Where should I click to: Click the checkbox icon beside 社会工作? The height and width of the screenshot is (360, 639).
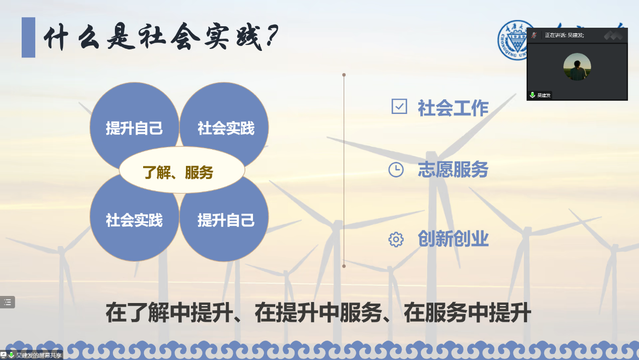(399, 106)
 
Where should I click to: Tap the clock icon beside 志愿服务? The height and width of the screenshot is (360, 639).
(396, 169)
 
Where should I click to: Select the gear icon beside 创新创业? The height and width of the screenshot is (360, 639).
(396, 239)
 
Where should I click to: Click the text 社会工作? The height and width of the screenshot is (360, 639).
(453, 108)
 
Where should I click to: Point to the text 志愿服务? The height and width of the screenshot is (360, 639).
(453, 169)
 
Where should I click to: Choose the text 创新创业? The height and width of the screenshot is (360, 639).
(453, 238)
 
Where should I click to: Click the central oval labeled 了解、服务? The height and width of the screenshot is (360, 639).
(182, 170)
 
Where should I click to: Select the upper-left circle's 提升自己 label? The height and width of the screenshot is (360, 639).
(134, 128)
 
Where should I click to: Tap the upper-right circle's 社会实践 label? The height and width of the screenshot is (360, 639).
(226, 128)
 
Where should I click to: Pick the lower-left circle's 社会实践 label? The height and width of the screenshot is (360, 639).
(134, 220)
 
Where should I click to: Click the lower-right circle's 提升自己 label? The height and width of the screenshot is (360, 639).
(226, 220)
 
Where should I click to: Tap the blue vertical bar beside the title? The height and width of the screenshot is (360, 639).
(29, 37)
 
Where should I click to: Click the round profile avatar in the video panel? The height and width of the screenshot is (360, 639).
(577, 67)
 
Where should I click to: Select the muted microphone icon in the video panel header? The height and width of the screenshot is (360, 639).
(534, 35)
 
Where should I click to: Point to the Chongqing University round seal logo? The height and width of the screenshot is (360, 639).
(513, 40)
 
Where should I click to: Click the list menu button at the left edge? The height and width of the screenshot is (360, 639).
(8, 302)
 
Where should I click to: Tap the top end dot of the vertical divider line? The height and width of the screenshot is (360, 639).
(344, 75)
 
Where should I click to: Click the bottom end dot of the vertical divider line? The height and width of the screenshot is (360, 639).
(344, 266)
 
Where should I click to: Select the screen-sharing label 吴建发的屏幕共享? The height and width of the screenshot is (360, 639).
(39, 355)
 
